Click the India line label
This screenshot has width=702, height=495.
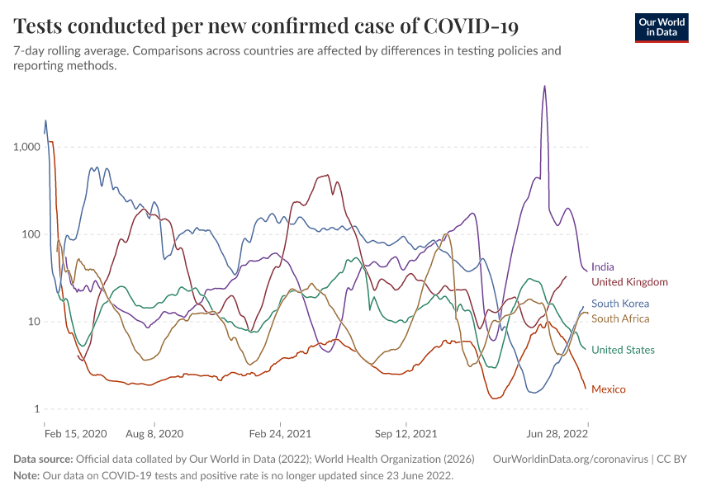603,267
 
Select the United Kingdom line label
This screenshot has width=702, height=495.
629,282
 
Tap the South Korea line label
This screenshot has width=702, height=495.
620,304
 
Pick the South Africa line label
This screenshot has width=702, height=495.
620,318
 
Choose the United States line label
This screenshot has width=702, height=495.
623,350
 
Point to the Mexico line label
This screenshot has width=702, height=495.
609,389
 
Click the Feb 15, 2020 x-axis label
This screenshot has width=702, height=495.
76,432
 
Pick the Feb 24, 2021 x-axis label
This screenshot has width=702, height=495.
280,432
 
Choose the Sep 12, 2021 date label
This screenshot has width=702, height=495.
405,432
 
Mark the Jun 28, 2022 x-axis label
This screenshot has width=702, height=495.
558,432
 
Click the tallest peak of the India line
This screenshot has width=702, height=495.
544,86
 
